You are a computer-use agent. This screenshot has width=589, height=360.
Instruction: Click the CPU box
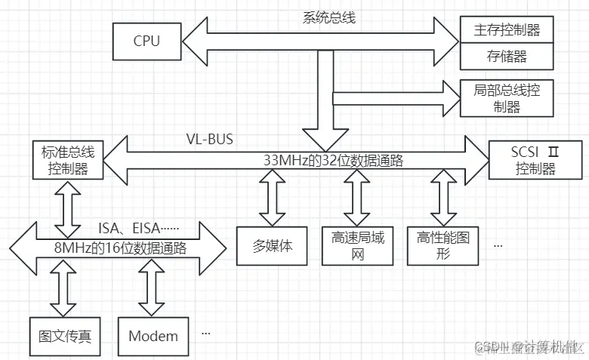point(146,41)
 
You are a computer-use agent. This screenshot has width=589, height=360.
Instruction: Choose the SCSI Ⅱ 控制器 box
point(535,159)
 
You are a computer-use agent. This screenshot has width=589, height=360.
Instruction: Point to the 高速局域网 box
point(357,245)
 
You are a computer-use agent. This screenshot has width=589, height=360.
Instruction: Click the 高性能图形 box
point(443,245)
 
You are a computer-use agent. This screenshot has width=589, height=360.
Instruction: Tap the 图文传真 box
point(65,336)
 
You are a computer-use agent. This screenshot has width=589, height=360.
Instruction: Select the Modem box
point(153,336)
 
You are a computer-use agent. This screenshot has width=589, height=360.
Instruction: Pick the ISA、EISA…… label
point(148,227)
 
